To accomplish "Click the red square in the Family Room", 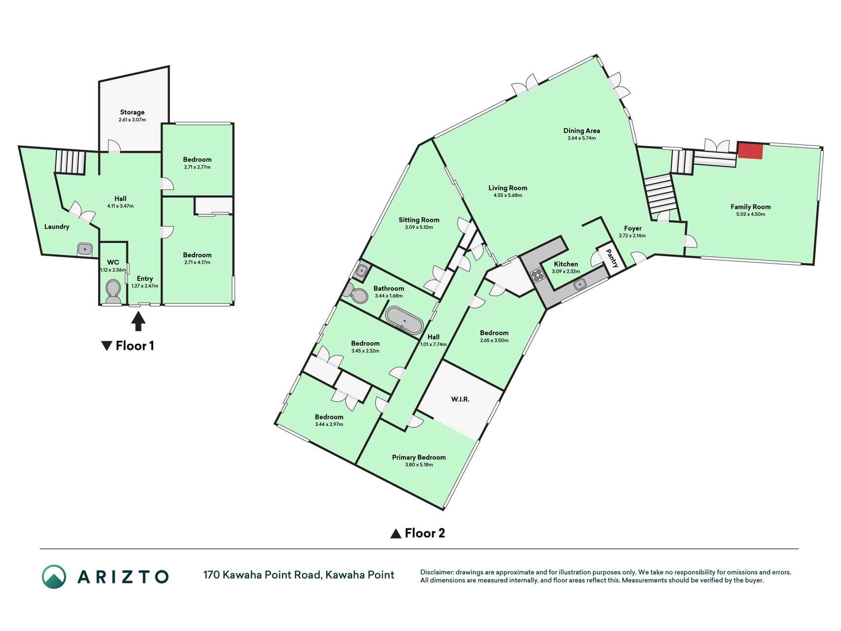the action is [x=750, y=151].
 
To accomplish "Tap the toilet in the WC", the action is [x=113, y=292].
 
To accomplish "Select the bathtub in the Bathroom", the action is [x=404, y=320].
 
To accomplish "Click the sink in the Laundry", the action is [x=85, y=249].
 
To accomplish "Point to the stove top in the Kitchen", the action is [x=538, y=275].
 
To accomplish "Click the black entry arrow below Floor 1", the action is [x=138, y=321].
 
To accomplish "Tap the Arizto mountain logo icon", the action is [x=54, y=576].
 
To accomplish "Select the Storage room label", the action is [x=132, y=112].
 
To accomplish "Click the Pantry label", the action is [x=611, y=258].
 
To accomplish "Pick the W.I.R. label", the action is [x=460, y=399].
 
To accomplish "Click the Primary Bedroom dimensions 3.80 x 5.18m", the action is [x=419, y=464].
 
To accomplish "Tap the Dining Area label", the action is [x=581, y=131].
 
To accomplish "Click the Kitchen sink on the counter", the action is [x=580, y=284].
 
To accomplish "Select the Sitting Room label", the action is [x=419, y=220].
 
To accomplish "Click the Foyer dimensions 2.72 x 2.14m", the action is [x=633, y=236].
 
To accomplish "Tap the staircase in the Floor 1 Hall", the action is [x=70, y=162].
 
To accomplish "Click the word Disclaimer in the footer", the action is [x=437, y=572].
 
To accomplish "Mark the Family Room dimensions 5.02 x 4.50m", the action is [x=750, y=214].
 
